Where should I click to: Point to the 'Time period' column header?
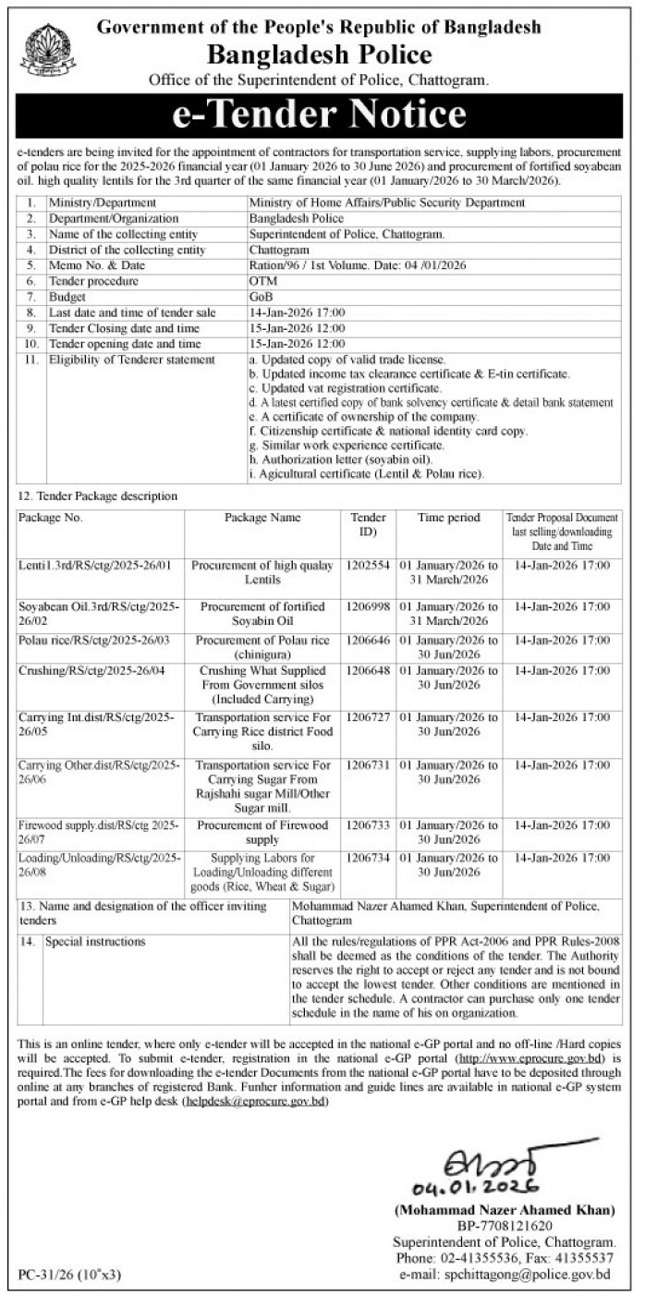tap(448, 518)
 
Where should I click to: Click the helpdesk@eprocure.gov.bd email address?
tap(255, 1104)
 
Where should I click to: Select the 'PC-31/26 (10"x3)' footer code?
tap(70, 1276)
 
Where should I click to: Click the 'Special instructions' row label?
tap(96, 942)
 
